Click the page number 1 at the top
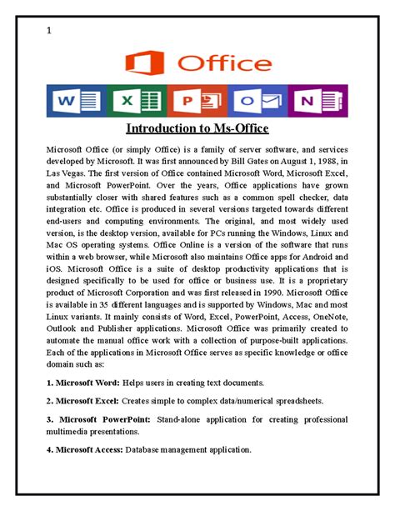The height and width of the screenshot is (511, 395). (x=49, y=32)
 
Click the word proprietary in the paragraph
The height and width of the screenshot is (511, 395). (x=318, y=281)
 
